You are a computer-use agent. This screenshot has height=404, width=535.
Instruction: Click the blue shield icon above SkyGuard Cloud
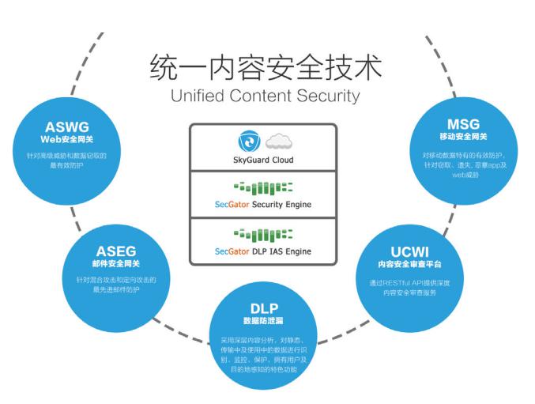(x=250, y=142)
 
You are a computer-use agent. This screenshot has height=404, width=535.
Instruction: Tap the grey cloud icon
(x=277, y=142)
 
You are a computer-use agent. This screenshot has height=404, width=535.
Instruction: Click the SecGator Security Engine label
(x=263, y=205)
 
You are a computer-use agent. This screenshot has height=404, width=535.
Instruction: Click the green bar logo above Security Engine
(x=263, y=187)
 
